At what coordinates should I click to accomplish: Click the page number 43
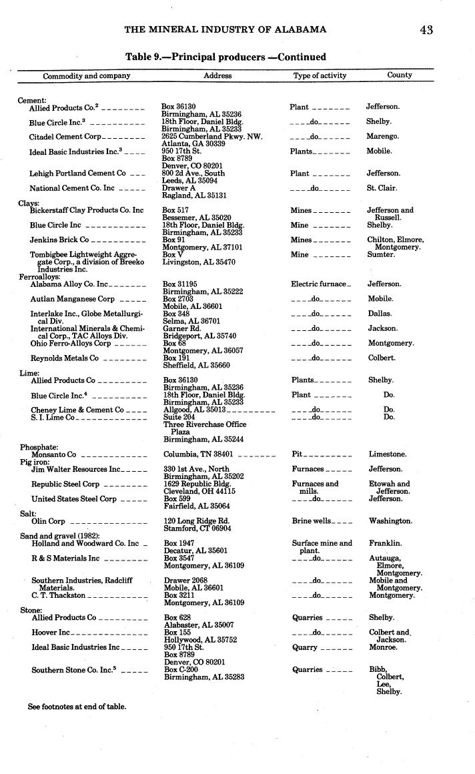(427, 29)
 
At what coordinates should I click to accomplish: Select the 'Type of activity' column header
(320, 75)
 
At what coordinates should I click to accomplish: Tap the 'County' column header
(400, 75)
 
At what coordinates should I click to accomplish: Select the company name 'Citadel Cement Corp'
(65, 137)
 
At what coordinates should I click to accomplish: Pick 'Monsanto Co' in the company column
(54, 454)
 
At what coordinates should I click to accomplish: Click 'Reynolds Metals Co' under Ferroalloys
(64, 358)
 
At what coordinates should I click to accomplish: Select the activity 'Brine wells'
(311, 521)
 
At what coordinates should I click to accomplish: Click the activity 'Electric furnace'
(319, 284)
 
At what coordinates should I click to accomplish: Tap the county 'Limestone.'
(388, 454)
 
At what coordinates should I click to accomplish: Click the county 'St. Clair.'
(382, 188)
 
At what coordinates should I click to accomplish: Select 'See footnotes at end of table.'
(77, 706)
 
